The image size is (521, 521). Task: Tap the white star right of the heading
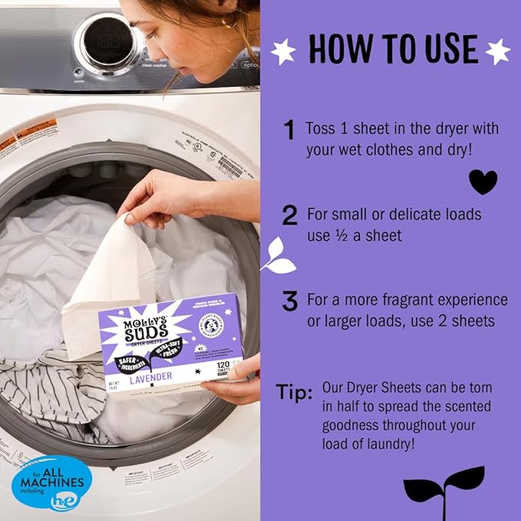click(497, 51)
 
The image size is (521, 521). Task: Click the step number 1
click(289, 130)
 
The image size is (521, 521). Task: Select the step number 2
click(289, 216)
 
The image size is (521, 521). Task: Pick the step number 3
click(289, 302)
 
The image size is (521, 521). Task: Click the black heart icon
click(483, 181)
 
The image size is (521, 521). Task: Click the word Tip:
click(294, 394)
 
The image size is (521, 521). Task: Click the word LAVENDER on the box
click(152, 377)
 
